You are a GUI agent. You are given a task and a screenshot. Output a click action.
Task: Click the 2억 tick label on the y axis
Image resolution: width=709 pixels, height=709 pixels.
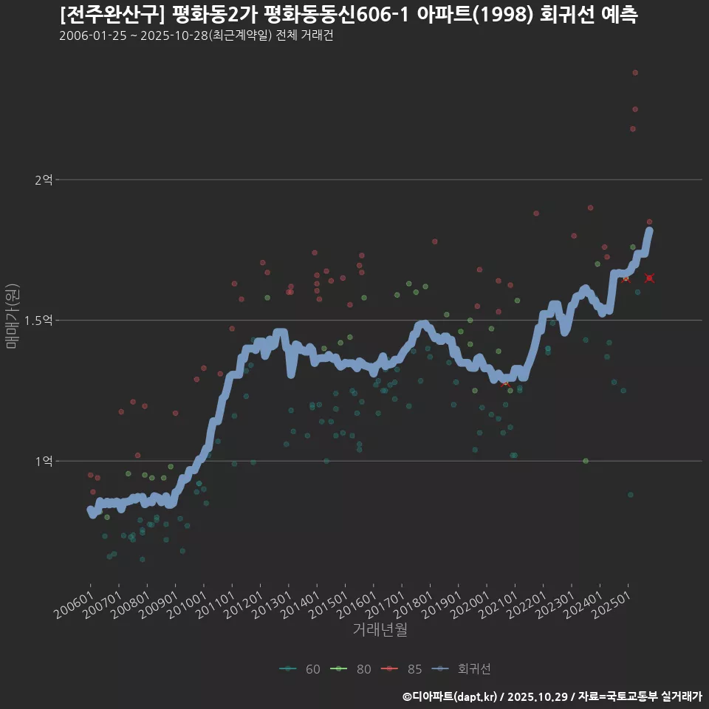pos(44,179)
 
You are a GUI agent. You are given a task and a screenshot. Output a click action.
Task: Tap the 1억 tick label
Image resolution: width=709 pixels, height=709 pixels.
pos(44,461)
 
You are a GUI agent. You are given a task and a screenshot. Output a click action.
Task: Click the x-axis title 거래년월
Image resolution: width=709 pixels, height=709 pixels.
pos(380,630)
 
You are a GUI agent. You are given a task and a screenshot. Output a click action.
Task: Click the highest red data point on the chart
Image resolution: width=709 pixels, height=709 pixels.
pos(635,72)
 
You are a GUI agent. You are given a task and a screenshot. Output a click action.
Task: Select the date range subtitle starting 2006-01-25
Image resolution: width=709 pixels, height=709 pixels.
pos(196,36)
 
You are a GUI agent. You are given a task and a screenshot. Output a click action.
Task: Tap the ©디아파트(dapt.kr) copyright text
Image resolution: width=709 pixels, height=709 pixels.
pos(451,696)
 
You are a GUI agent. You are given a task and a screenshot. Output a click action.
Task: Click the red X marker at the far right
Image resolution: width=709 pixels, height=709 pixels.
pos(649,278)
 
